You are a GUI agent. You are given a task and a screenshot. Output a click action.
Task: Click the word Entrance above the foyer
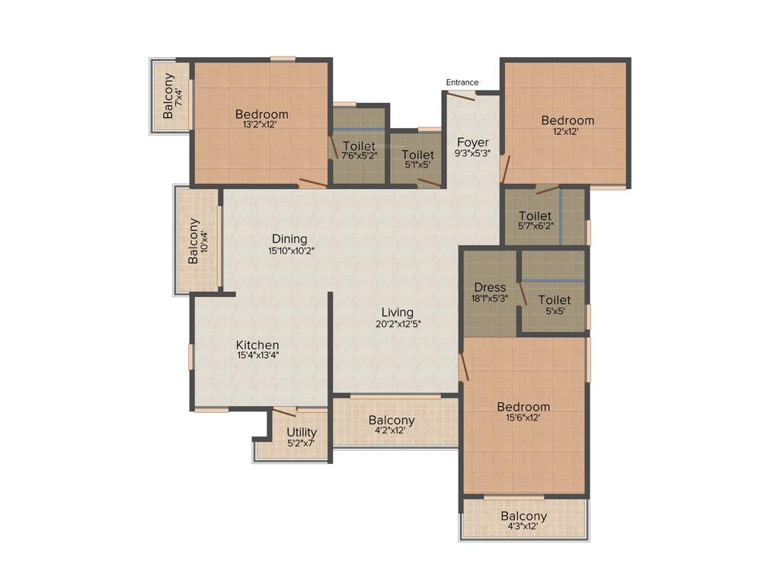click(x=462, y=82)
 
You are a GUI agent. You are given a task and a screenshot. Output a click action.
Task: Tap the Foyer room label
click(x=472, y=142)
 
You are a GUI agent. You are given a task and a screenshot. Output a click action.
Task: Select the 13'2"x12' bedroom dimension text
click(x=261, y=125)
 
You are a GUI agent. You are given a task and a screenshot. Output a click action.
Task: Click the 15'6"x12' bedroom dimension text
click(x=523, y=417)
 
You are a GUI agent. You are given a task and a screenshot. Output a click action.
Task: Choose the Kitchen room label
click(x=257, y=345)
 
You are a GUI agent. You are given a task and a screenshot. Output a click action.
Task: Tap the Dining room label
click(x=289, y=239)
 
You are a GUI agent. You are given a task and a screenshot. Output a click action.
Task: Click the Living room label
click(x=398, y=312)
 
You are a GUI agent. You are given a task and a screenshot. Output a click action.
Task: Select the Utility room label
click(x=302, y=433)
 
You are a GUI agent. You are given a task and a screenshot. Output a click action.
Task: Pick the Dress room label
click(x=490, y=288)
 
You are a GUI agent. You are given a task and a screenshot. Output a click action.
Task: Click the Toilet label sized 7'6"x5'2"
click(x=360, y=145)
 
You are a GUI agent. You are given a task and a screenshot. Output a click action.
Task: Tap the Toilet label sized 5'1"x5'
click(x=417, y=155)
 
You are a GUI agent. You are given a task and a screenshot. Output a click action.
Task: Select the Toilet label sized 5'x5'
click(x=554, y=300)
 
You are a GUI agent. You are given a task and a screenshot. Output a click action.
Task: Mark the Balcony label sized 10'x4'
click(x=193, y=241)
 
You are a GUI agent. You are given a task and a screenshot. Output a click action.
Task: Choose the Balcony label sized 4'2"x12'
click(x=392, y=420)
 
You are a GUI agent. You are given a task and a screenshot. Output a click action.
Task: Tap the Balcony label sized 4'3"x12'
click(x=524, y=516)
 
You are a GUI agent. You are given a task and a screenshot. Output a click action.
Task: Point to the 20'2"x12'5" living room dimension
click(x=398, y=323)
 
